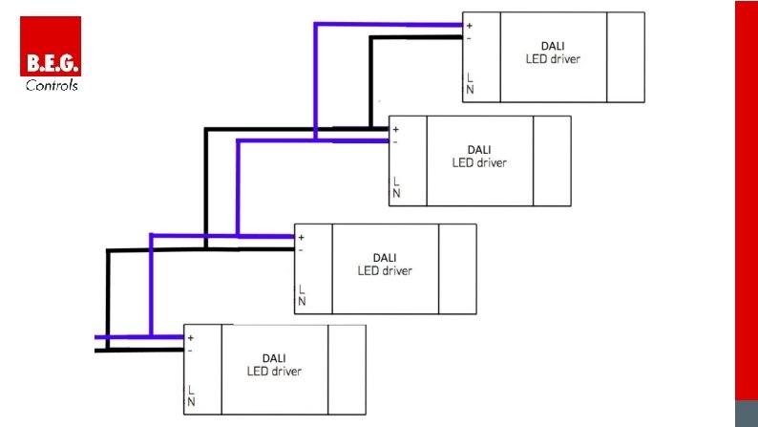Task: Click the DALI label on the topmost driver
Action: tap(553, 47)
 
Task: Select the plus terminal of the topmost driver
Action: tap(470, 26)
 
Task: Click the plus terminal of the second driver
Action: tap(396, 129)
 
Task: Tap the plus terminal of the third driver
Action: tap(302, 237)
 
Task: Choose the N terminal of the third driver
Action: tap(302, 302)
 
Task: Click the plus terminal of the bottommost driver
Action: tap(191, 337)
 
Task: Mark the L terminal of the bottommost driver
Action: tap(191, 391)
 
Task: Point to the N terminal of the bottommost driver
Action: tap(191, 402)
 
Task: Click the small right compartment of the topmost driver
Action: tap(625, 56)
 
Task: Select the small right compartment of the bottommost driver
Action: tap(347, 370)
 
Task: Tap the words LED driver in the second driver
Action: tap(479, 162)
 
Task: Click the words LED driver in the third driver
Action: tap(385, 270)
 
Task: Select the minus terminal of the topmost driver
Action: tap(470, 38)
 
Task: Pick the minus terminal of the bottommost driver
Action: tap(191, 351)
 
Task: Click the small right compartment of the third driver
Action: tap(457, 268)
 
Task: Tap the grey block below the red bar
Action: tap(746, 413)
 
